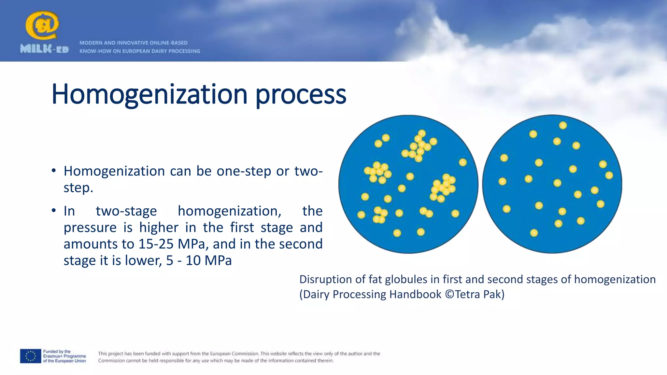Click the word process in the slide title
(x=301, y=95)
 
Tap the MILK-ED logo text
(x=44, y=49)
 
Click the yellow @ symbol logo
(x=42, y=25)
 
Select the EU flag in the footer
(x=31, y=356)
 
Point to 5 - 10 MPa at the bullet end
(x=199, y=261)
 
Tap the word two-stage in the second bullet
(x=126, y=211)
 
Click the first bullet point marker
(x=54, y=171)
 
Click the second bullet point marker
(x=54, y=211)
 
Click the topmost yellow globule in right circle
(x=563, y=125)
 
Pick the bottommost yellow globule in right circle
(x=534, y=233)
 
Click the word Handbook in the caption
(x=415, y=294)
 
